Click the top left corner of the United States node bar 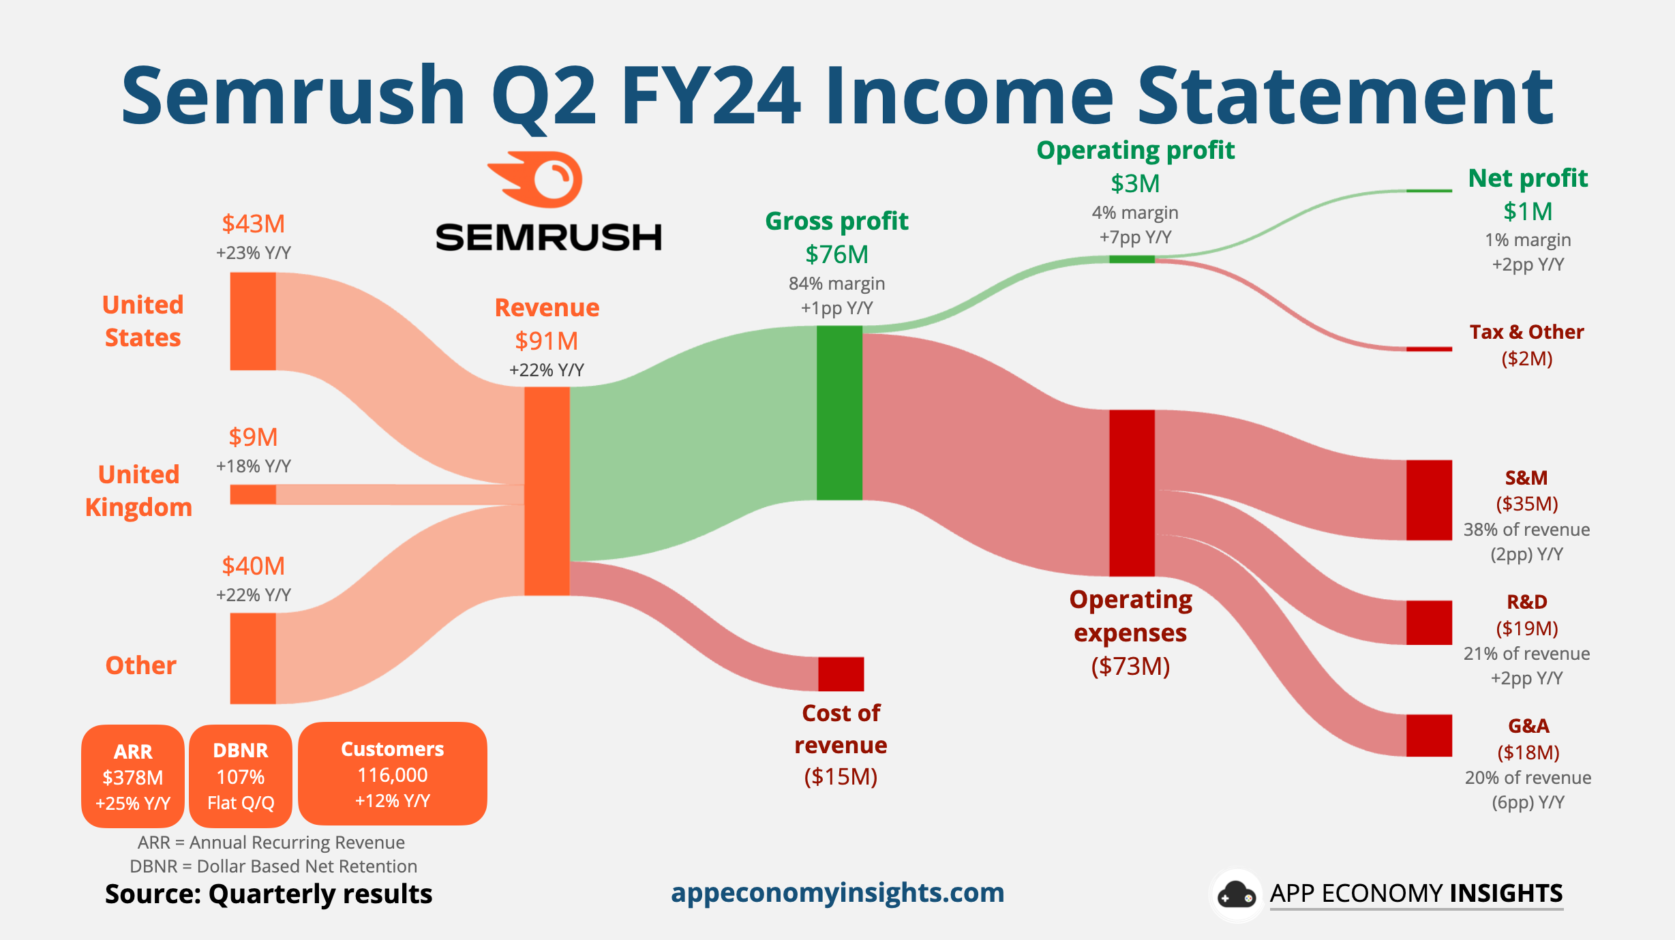tap(230, 273)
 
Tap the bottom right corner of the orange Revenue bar tap(569, 595)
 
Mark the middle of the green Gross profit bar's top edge tap(839, 326)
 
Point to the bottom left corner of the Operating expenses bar tap(1109, 576)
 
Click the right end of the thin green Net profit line tap(1452, 191)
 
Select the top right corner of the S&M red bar tap(1452, 460)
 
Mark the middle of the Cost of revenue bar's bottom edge tap(841, 691)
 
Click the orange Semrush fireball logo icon tap(536, 179)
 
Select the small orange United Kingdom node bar tap(253, 494)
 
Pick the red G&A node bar tap(1429, 736)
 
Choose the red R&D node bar tap(1429, 622)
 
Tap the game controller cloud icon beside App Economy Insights tap(1237, 895)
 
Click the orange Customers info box tap(393, 774)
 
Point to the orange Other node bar tap(253, 658)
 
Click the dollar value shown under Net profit tap(1528, 212)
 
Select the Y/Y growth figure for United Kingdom tap(254, 466)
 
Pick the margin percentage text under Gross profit tap(836, 284)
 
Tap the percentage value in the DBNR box tap(241, 777)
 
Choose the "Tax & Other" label tap(1526, 332)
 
